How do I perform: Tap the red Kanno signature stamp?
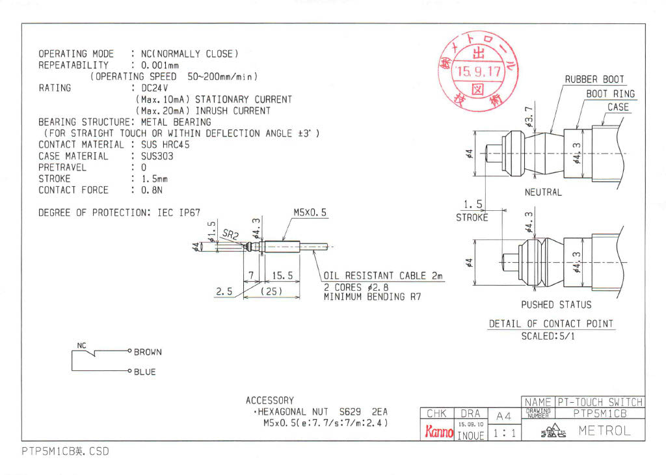click(438, 431)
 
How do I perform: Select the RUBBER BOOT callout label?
click(594, 79)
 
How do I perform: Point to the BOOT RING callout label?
click(610, 94)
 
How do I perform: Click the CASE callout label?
click(618, 107)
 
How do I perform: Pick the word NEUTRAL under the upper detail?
click(543, 193)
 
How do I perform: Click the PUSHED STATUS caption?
click(556, 305)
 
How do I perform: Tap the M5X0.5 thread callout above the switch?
click(310, 213)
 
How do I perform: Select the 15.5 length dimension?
click(282, 276)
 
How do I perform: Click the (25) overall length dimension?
click(271, 292)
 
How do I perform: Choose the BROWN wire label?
click(148, 352)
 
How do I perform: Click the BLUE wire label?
click(144, 372)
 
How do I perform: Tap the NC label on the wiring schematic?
click(82, 346)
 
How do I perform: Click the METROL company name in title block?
click(604, 431)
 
